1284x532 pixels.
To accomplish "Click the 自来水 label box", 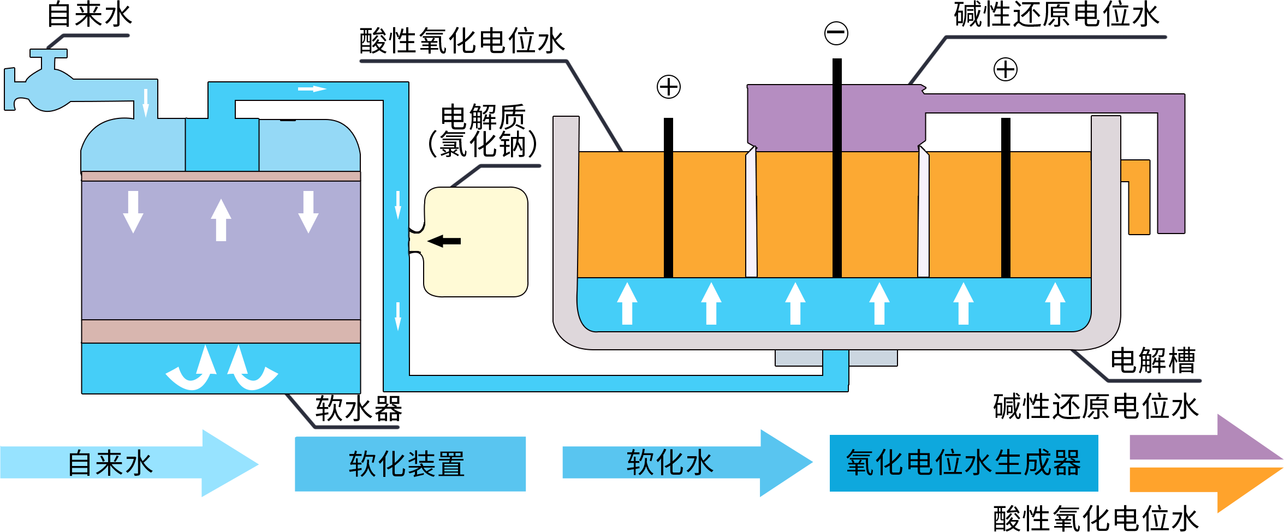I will [129, 463].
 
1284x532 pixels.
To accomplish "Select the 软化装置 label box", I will [410, 464].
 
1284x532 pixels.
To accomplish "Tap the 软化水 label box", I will [687, 463].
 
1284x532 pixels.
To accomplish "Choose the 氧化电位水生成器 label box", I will [964, 463].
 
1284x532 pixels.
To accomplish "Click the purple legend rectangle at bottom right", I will [1206, 437].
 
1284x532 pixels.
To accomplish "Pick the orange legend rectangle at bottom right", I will [1206, 489].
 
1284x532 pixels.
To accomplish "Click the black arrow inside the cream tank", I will [444, 241].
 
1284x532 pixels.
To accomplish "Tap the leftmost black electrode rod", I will [668, 196].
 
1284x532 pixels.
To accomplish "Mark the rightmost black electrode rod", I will [1006, 196].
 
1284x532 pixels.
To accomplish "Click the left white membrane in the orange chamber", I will [751, 213].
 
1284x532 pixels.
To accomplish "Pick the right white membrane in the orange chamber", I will [923, 213].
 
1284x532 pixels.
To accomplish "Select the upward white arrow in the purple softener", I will [221, 220].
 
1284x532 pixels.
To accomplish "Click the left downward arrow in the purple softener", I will [133, 212].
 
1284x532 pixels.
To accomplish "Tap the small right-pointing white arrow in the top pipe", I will [312, 89].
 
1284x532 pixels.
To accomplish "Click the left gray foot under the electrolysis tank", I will [799, 358].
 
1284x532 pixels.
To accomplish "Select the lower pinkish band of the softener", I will [221, 331].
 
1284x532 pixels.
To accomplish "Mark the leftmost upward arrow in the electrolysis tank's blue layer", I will [627, 303].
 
